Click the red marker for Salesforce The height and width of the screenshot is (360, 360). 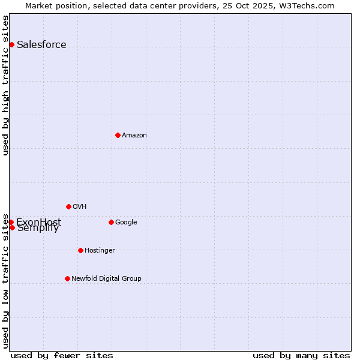(11, 44)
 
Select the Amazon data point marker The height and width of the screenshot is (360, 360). (118, 135)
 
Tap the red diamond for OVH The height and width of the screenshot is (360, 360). (68, 206)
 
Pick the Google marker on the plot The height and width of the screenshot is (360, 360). (111, 222)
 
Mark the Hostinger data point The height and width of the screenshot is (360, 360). (80, 250)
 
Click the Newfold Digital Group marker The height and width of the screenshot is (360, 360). (67, 278)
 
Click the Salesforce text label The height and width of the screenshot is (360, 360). (41, 45)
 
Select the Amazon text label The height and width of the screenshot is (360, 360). (134, 136)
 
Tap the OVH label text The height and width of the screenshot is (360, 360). (80, 207)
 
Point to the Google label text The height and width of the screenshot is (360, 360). (126, 223)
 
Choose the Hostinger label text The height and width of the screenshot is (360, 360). (100, 251)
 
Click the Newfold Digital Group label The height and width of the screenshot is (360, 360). (106, 279)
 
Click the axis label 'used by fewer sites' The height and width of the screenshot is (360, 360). (62, 355)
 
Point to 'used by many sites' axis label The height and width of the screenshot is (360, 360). (301, 355)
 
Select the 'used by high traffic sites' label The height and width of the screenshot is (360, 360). (6, 85)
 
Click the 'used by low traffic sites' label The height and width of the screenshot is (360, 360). (6, 280)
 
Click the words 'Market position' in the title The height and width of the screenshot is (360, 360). (53, 6)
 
